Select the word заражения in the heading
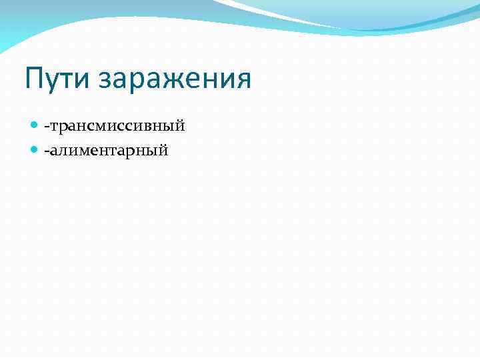[x=175, y=79]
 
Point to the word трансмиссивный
[x=116, y=126]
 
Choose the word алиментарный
[x=109, y=151]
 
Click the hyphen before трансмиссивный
[x=46, y=127]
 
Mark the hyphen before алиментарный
[x=46, y=152]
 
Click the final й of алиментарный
[x=163, y=151]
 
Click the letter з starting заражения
[x=105, y=81]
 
